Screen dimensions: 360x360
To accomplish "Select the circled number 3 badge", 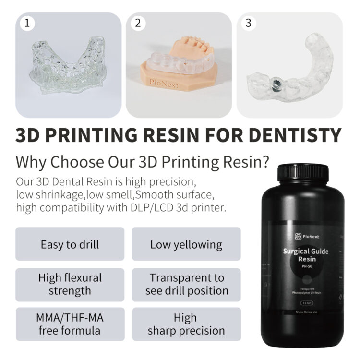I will (x=248, y=23).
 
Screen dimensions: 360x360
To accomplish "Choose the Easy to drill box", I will (x=70, y=244).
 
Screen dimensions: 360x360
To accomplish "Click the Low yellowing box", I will (x=186, y=244).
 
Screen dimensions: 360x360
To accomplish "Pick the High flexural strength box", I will (x=70, y=284).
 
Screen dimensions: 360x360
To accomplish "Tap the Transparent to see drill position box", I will (x=186, y=284).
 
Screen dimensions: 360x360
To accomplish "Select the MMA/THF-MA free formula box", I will (x=70, y=324).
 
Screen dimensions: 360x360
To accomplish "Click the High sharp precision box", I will (x=186, y=324).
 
